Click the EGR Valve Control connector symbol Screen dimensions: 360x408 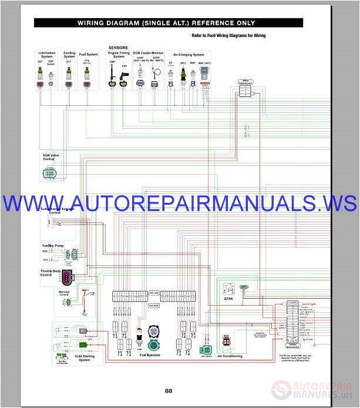(x=51, y=173)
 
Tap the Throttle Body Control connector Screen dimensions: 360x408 (x=69, y=278)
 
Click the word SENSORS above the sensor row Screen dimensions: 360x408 (x=117, y=47)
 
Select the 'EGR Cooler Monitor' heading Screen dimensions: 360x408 (x=148, y=53)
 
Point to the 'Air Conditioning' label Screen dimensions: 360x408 (x=230, y=356)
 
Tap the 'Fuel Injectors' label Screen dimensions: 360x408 (x=151, y=355)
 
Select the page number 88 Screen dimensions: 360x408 (x=169, y=392)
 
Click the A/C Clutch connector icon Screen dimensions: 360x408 (x=206, y=338)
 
